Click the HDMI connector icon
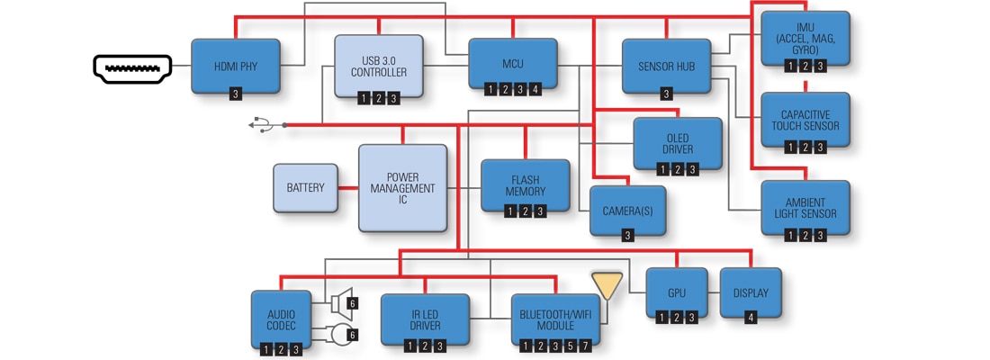pos(132,68)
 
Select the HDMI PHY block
pos(236,66)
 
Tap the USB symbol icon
pos(260,124)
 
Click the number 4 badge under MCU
pos(535,89)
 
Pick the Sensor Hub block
pos(666,66)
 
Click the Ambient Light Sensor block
pos(805,209)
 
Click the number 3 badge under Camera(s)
pos(627,235)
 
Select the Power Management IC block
pos(402,187)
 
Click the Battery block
pos(306,188)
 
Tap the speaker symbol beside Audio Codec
pos(340,301)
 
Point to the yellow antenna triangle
pos(607,286)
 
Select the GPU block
pos(677,293)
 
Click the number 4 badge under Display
pos(751,317)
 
